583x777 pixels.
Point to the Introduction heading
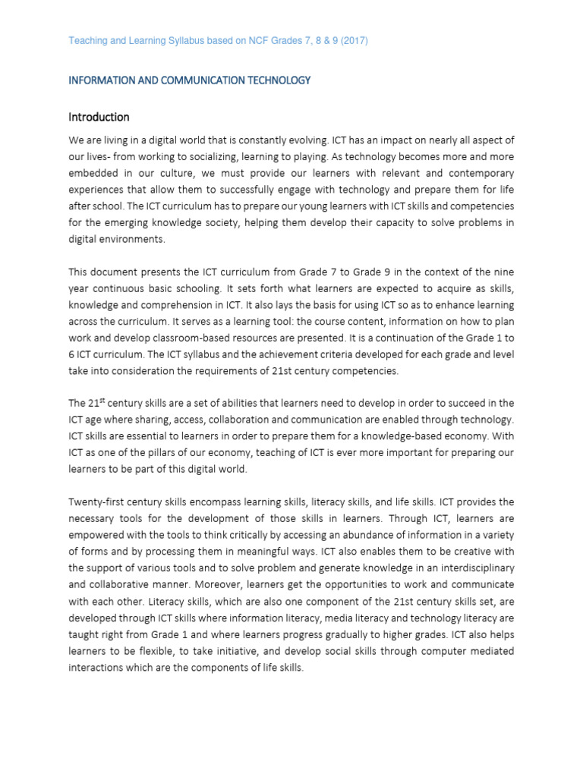(99, 117)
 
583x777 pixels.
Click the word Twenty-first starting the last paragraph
(96, 502)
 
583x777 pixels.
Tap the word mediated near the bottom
(491, 651)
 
